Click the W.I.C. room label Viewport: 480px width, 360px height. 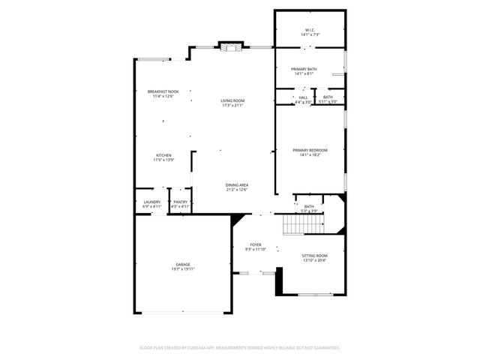pos(310,31)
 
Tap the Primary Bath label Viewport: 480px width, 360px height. pos(310,68)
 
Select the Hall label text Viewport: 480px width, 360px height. pos(304,97)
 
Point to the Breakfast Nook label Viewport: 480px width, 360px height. pos(163,91)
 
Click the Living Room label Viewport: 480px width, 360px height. pos(232,100)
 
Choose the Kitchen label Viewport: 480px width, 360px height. pos(163,155)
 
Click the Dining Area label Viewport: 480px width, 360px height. pos(237,185)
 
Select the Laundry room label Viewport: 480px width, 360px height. pos(151,202)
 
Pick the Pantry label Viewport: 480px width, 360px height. pos(181,202)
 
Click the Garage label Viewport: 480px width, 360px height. pos(182,264)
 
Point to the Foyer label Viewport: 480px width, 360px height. pos(256,244)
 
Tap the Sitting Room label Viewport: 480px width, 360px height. pos(315,256)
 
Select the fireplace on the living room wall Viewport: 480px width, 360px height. pos(230,46)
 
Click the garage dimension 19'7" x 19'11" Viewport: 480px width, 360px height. pos(182,268)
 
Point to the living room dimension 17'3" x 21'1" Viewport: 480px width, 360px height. pos(232,105)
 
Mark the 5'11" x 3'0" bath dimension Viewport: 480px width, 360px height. pos(328,101)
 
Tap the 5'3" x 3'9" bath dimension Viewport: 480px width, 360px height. pos(309,211)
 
